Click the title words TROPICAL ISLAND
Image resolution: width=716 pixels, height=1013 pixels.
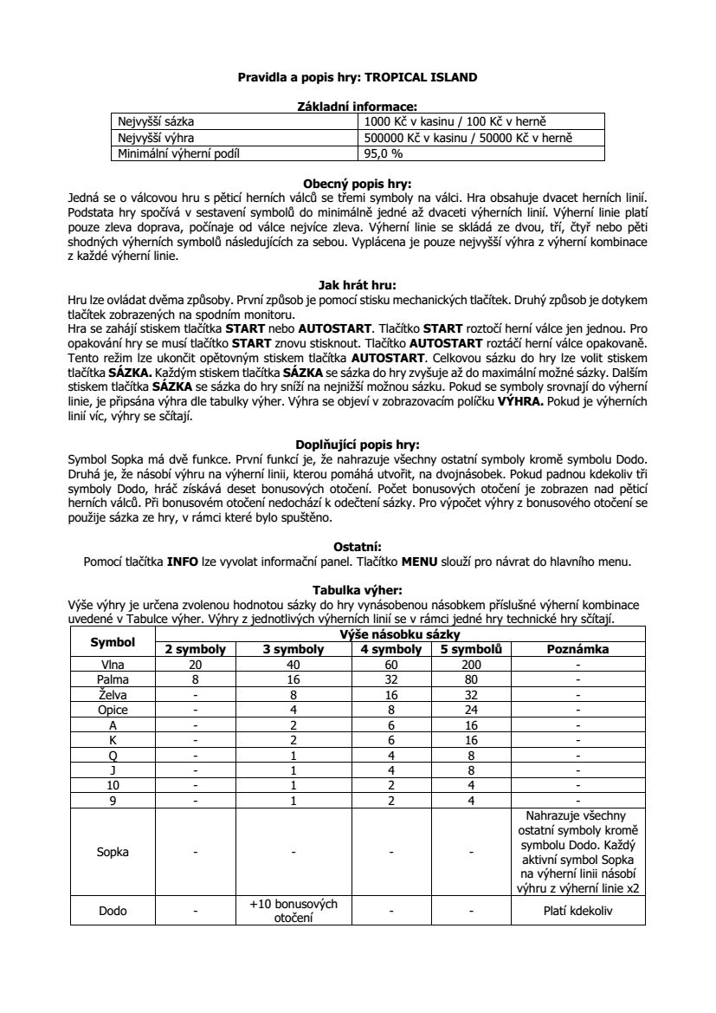click(x=427, y=77)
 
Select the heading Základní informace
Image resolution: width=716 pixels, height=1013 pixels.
click(x=357, y=106)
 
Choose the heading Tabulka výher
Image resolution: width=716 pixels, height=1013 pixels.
click(x=357, y=589)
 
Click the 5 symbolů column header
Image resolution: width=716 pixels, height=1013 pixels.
click(x=472, y=649)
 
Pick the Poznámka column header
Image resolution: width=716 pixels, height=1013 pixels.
click(x=578, y=649)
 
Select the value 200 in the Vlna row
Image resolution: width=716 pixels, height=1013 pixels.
click(x=472, y=664)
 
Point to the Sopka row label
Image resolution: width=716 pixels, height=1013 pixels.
click(x=113, y=852)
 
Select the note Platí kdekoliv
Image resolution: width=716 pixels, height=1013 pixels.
click(x=578, y=911)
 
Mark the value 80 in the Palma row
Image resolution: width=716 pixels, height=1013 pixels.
click(x=472, y=679)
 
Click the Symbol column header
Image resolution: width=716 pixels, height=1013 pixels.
click(x=113, y=642)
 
